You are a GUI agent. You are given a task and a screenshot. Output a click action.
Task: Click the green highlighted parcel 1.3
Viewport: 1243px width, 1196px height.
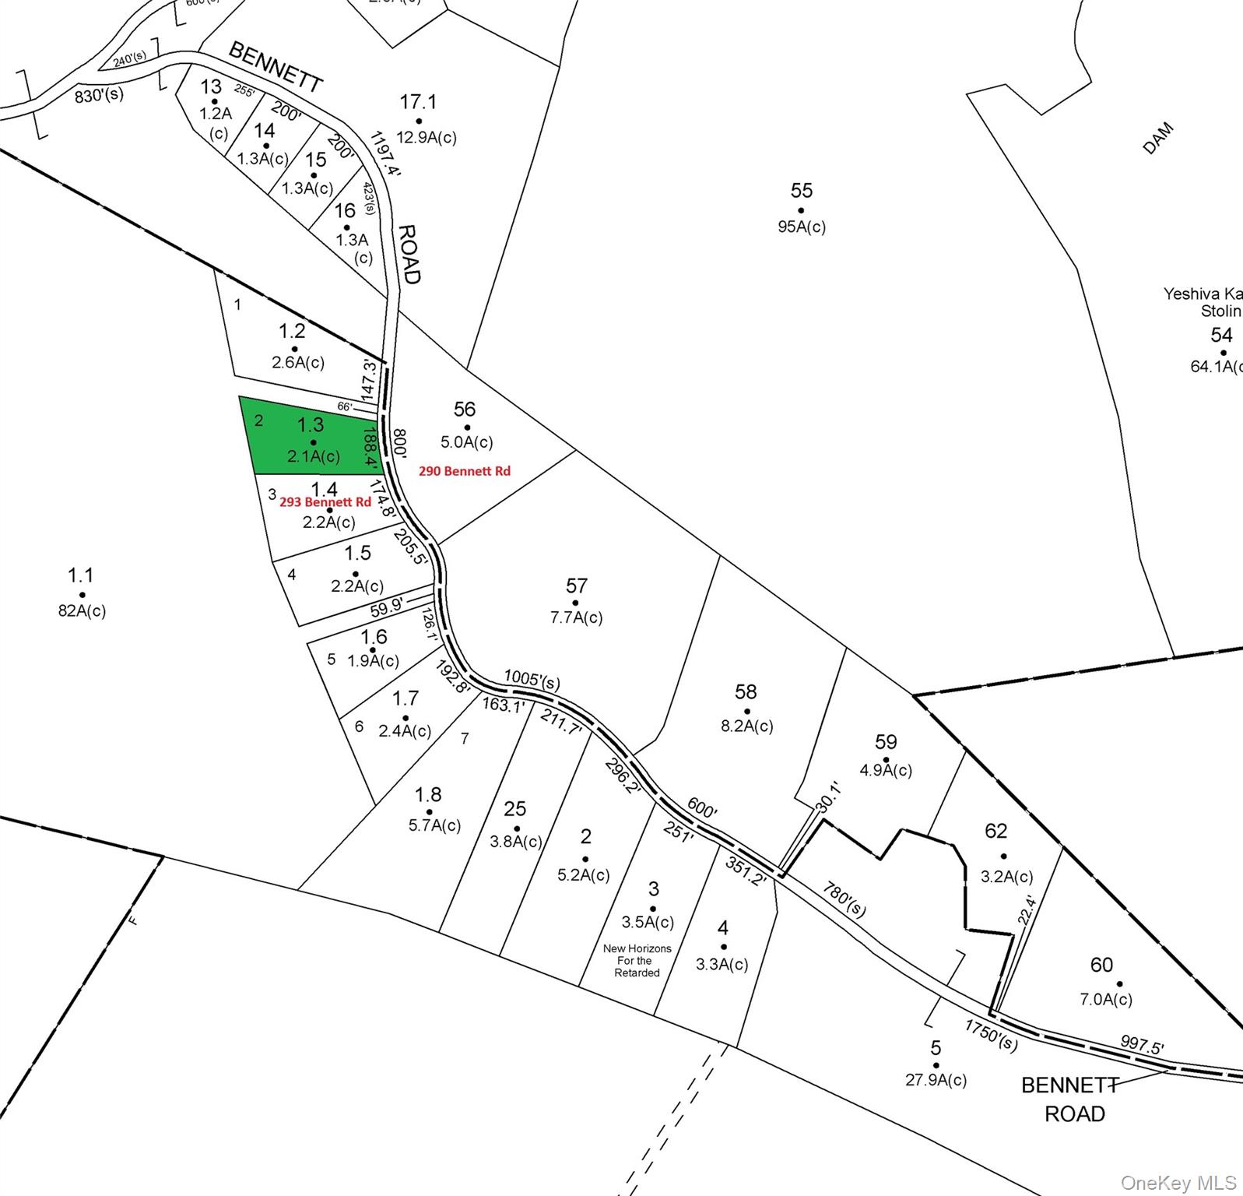point(311,436)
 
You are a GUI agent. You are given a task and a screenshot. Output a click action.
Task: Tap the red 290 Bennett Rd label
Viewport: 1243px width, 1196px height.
point(465,471)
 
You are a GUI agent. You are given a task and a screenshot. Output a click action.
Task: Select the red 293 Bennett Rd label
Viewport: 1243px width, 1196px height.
point(325,502)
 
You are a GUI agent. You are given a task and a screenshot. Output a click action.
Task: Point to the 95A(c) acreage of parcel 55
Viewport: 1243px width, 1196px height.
point(802,227)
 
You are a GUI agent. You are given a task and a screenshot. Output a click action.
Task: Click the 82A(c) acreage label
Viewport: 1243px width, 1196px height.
point(82,610)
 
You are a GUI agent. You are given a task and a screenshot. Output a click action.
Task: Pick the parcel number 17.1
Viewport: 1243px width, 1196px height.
point(418,102)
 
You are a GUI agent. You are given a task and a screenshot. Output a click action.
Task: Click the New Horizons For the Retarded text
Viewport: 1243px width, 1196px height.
point(637,960)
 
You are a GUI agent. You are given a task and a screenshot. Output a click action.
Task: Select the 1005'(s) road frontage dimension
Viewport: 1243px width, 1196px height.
point(532,679)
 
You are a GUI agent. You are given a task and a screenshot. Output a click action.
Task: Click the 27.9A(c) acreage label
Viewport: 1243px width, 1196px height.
point(936,1080)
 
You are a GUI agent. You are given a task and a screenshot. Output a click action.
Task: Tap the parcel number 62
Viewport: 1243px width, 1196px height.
point(996,831)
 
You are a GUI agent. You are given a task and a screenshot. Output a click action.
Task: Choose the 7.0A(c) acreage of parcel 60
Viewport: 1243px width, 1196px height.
point(1106,999)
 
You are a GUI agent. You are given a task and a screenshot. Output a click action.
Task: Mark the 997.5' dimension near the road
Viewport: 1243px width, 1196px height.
point(1142,1044)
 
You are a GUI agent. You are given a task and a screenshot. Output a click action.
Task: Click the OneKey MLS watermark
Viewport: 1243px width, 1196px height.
point(1178,1183)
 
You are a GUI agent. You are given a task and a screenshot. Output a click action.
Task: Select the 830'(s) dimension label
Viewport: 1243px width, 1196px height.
point(99,96)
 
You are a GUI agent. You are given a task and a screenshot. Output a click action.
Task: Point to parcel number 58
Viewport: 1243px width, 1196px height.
point(746,691)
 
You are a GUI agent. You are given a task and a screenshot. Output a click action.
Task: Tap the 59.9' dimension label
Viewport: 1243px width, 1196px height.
point(387,607)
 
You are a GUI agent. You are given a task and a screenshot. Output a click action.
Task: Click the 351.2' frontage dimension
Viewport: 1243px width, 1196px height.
point(746,871)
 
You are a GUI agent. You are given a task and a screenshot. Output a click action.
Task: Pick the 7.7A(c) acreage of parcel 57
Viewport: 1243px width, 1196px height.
point(576,617)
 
